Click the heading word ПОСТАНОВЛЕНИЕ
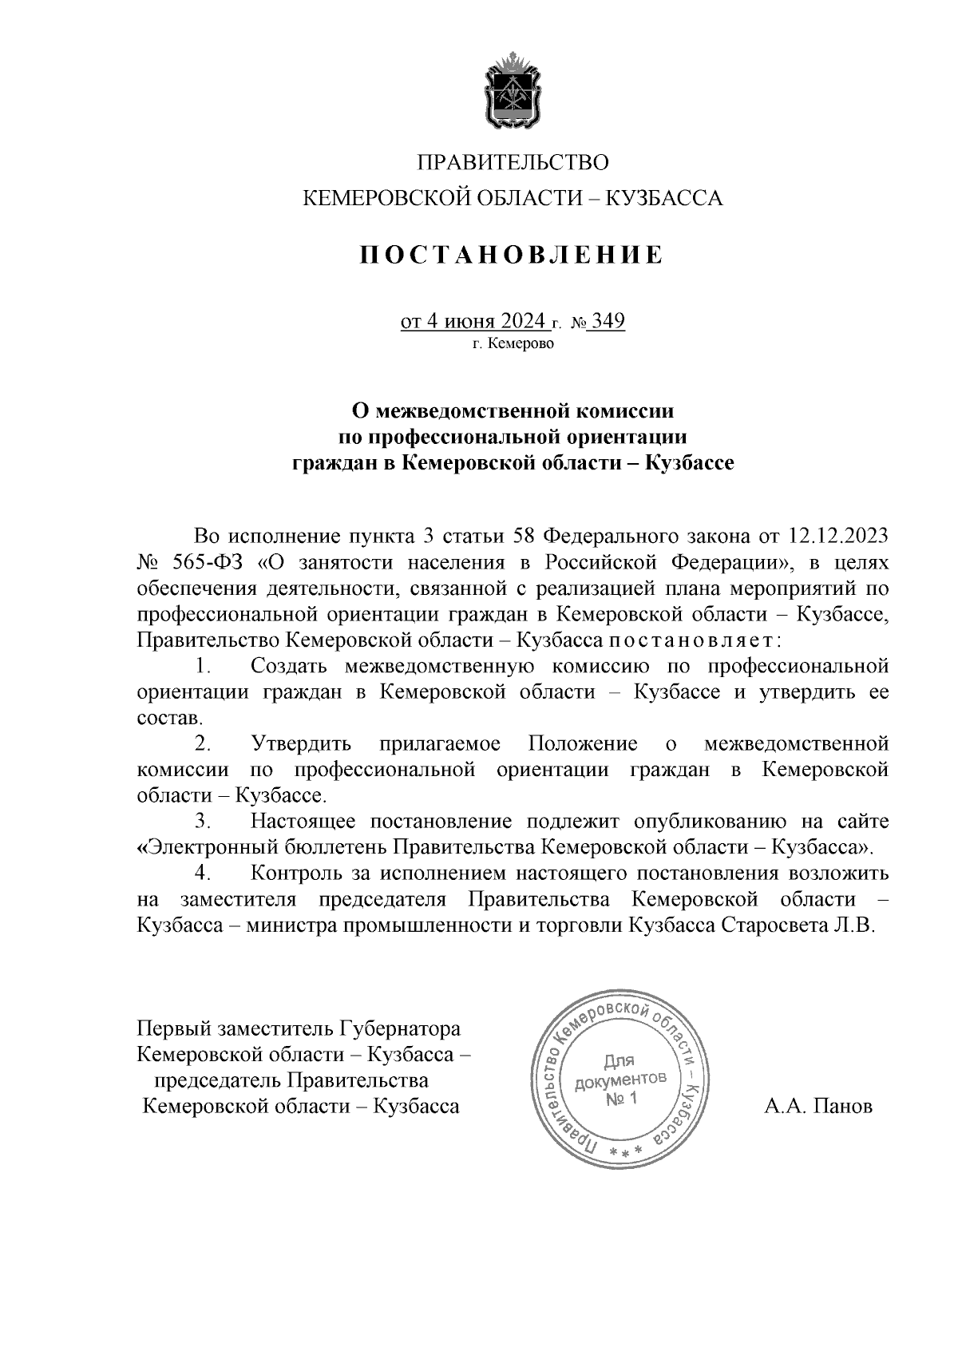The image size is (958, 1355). point(512,256)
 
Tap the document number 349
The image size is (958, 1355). point(608,321)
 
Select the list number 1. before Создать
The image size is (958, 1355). point(204,666)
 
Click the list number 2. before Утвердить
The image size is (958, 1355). point(204,744)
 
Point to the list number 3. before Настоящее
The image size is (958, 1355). point(204,821)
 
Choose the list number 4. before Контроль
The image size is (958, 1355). point(204,874)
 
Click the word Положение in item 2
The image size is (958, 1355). point(583,744)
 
